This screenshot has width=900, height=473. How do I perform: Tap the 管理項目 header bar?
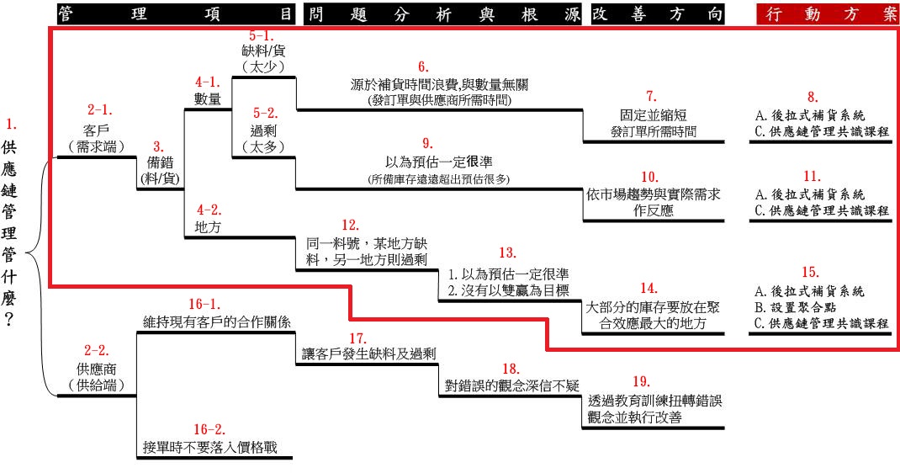tap(177, 13)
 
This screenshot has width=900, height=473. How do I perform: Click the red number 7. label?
tap(651, 95)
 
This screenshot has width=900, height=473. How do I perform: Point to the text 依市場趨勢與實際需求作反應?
tap(654, 202)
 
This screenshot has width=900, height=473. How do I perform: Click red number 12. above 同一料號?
tap(350, 226)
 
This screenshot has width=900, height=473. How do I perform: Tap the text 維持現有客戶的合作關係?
tap(217, 322)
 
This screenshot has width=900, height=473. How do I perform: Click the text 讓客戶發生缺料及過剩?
tap(368, 353)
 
